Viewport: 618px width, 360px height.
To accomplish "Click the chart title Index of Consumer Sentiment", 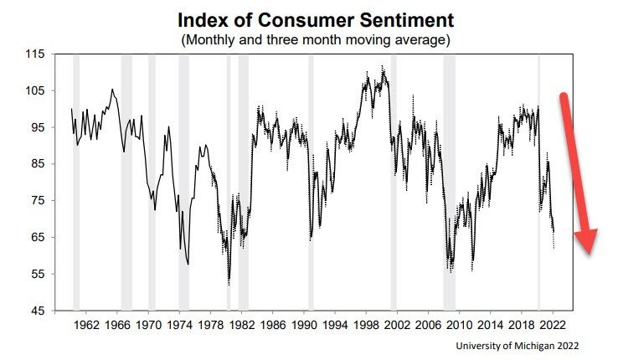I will click(308, 20).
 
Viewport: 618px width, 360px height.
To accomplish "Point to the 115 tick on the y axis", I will click(33, 54).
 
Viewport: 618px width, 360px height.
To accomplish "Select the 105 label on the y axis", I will click(33, 91).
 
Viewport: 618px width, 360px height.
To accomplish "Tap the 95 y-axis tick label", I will click(36, 128).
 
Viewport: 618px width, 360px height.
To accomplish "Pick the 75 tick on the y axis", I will click(36, 201).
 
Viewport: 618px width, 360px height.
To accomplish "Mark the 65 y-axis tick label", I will click(36, 238).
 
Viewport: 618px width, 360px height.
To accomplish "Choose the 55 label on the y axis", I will click(36, 275).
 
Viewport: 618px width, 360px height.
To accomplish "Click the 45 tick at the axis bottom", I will click(36, 311).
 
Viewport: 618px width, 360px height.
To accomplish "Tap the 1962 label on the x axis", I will click(87, 324).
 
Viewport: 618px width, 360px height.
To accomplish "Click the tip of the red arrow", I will click(590, 254).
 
